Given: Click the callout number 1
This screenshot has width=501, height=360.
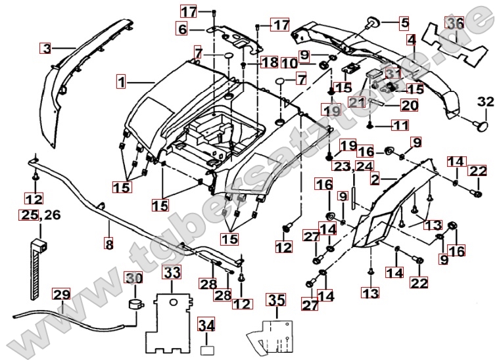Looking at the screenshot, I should (122, 82).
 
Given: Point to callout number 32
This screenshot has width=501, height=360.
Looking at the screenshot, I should (485, 102).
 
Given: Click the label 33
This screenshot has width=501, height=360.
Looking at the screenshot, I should (172, 271).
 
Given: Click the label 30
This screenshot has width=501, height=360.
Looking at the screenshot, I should (133, 278).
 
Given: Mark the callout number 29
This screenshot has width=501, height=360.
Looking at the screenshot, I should (61, 295).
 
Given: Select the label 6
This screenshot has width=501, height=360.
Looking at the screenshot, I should (182, 28).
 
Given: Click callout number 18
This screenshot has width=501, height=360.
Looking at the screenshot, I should (270, 62).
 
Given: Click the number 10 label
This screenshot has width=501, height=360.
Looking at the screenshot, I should (290, 64).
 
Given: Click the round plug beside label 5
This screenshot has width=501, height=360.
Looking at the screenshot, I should (372, 24).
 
